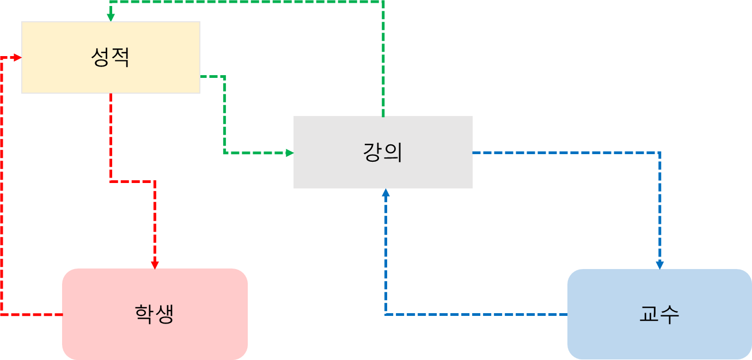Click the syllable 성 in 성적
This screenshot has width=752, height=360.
pyautogui.click(x=100, y=57)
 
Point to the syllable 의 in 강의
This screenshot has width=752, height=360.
pyautogui.click(x=393, y=152)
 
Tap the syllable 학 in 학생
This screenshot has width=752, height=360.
pyautogui.click(x=144, y=314)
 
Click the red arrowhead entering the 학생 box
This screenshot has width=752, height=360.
pyautogui.click(x=155, y=265)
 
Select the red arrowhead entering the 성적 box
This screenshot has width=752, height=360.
pyautogui.click(x=18, y=57)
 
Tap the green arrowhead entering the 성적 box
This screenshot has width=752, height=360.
pyautogui.click(x=111, y=18)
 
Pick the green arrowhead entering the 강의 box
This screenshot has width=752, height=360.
pyautogui.click(x=290, y=153)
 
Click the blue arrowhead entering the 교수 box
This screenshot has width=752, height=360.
pyautogui.click(x=660, y=265)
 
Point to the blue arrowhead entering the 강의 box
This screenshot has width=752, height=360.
pyautogui.click(x=386, y=192)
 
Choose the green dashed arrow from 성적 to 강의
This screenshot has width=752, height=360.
pyautogui.click(x=224, y=114)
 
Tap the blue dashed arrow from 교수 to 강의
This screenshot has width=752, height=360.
pyautogui.click(x=474, y=314)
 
